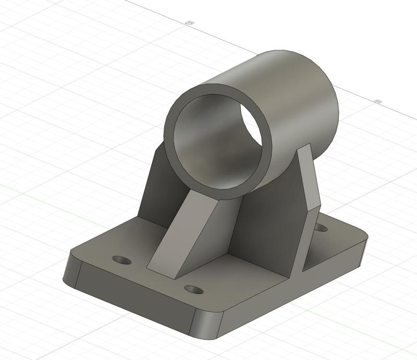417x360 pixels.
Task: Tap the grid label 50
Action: pos(378,101)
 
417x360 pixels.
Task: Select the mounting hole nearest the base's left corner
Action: pos(122,259)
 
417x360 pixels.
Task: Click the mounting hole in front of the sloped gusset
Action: pos(193,289)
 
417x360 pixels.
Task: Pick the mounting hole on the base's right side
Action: pos(321,228)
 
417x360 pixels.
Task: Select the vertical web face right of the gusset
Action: pos(266,224)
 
